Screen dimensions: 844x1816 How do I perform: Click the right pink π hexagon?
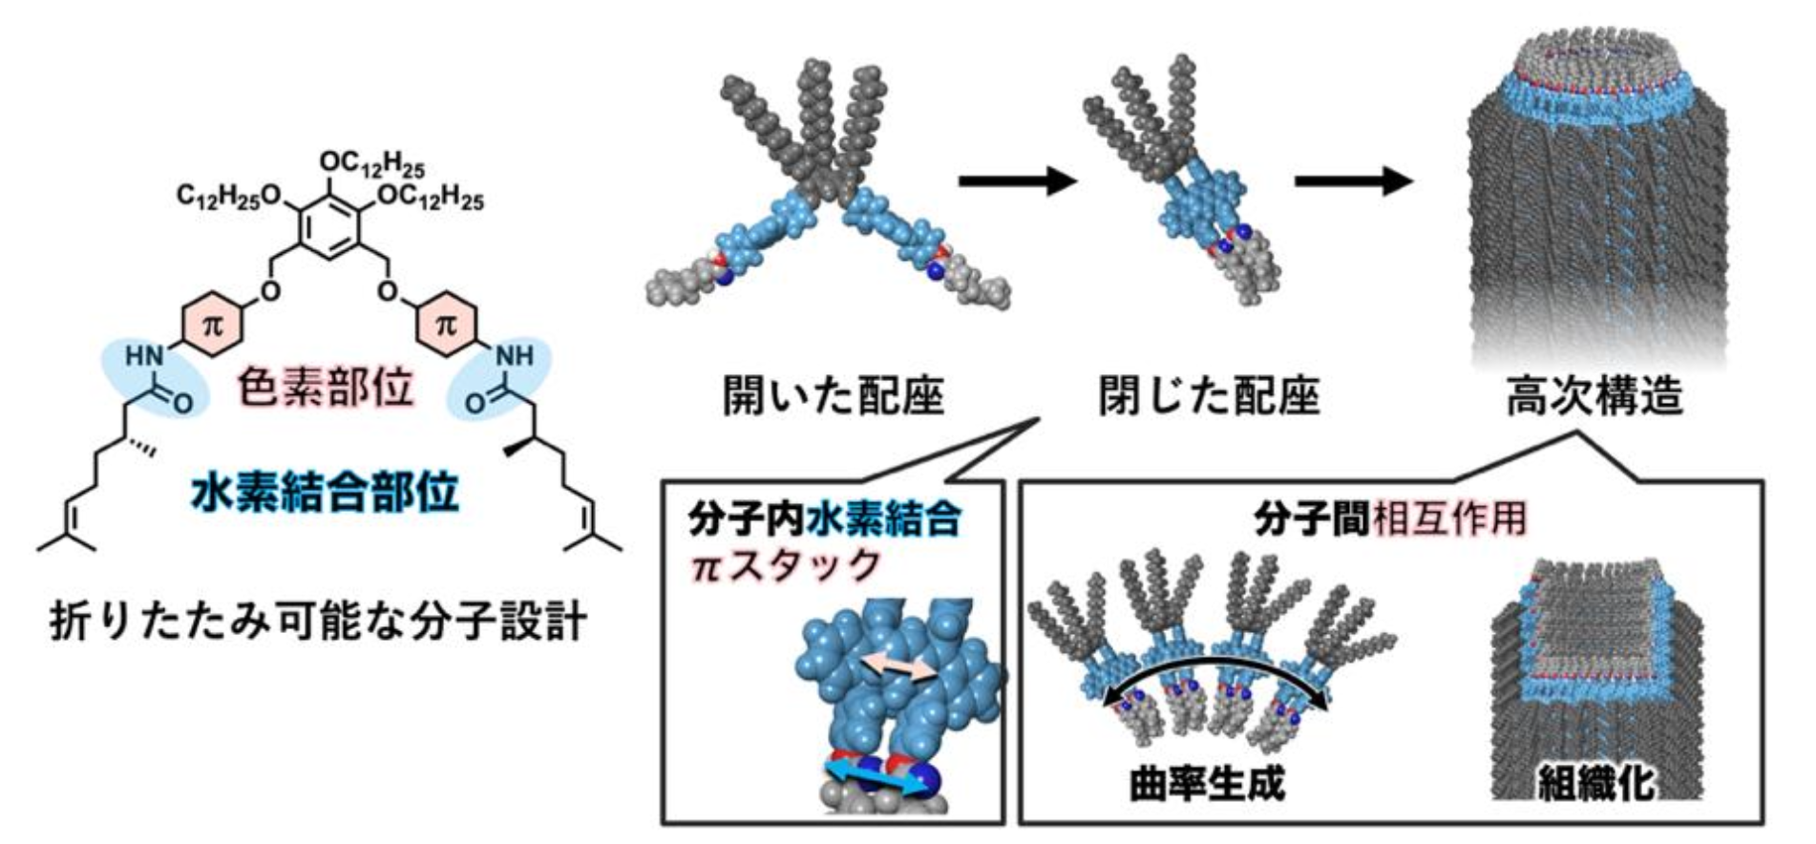447,325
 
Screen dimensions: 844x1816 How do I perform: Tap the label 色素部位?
325,387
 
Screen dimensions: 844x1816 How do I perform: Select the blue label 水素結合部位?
325,492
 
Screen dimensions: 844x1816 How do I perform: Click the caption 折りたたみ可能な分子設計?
318,622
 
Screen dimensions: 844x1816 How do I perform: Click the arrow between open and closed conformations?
1018,179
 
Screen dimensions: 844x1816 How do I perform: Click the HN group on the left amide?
144,357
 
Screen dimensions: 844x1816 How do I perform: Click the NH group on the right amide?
515,357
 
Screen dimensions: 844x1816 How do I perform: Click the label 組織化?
1595,783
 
